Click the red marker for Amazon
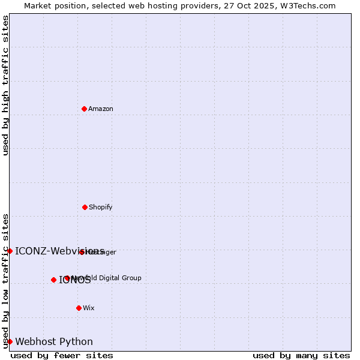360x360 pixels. point(84,109)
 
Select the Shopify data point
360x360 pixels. point(85,207)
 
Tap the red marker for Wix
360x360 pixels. point(79,308)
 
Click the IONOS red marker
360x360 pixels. point(53,280)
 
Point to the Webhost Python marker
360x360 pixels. point(10,341)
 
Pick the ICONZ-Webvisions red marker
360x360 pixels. point(10,251)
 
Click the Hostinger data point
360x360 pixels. point(82,252)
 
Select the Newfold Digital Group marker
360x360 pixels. point(67,278)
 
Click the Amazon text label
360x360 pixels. point(101,109)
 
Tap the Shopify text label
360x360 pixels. point(101,207)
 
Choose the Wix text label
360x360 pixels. point(89,308)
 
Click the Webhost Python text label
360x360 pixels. point(54,342)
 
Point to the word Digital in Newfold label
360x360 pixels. point(110,278)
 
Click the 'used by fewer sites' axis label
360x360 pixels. point(62,355)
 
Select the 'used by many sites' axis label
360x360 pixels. point(301,355)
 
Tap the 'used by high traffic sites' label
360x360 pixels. point(5,85)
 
